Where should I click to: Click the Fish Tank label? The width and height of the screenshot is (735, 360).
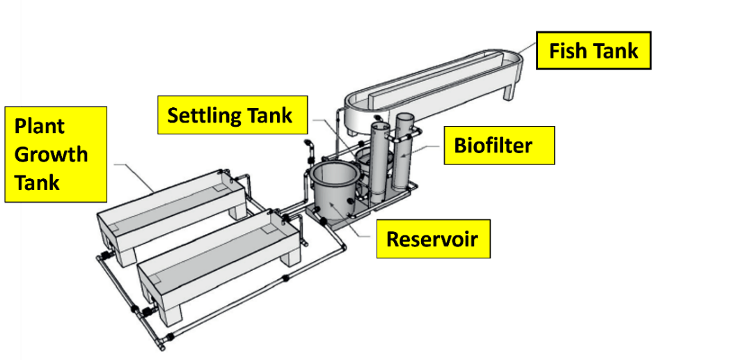click(x=593, y=50)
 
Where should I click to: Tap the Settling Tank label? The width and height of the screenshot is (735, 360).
click(x=230, y=115)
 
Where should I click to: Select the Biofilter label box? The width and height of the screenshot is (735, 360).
click(x=499, y=145)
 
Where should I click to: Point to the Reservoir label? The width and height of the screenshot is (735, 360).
click(x=432, y=239)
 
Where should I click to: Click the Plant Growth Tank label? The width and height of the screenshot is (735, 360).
click(x=56, y=154)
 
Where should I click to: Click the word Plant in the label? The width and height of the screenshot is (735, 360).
click(x=40, y=126)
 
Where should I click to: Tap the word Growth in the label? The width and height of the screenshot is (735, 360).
click(x=52, y=154)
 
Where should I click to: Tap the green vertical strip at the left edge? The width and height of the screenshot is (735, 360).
click(x=10, y=180)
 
